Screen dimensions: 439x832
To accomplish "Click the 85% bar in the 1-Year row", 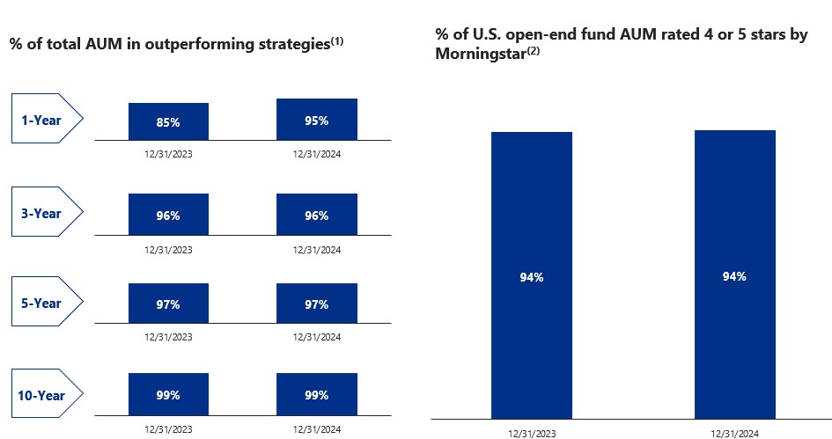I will pyautogui.click(x=168, y=122).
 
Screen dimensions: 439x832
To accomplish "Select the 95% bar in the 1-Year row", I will pyautogui.click(x=317, y=120).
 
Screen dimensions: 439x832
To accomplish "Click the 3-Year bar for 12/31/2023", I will pyautogui.click(x=168, y=216).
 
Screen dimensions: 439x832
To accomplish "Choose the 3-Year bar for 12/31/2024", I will pyautogui.click(x=317, y=216).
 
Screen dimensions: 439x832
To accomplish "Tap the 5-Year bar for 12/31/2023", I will pyautogui.click(x=168, y=304).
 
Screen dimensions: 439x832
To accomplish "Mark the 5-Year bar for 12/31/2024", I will pyautogui.click(x=317, y=304).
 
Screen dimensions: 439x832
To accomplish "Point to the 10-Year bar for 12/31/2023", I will pyautogui.click(x=168, y=396).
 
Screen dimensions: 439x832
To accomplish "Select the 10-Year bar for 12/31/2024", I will pyautogui.click(x=317, y=396).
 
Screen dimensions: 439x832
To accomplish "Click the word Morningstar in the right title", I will pyautogui.click(x=478, y=55).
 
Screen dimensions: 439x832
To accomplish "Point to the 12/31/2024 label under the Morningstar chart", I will pyautogui.click(x=734, y=433).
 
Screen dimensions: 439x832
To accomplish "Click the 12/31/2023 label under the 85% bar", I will pyautogui.click(x=168, y=154).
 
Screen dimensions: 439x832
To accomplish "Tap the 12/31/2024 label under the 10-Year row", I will pyautogui.click(x=317, y=428).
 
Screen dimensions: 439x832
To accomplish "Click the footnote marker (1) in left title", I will pyautogui.click(x=336, y=40).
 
